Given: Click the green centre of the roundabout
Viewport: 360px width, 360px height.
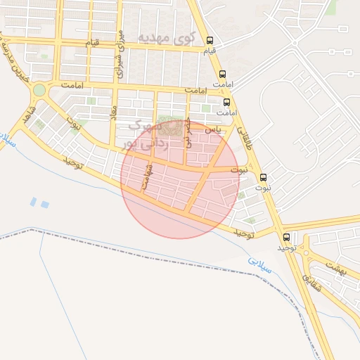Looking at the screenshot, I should tap(39, 90).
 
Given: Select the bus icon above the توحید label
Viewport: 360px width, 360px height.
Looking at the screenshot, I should tap(286, 237).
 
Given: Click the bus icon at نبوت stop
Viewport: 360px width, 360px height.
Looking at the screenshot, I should tap(264, 177).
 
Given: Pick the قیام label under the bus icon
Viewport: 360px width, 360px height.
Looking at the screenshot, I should tap(210, 52).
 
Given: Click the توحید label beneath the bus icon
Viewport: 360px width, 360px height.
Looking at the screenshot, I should tap(285, 248).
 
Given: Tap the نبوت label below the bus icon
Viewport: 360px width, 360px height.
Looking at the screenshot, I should tap(263, 188).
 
